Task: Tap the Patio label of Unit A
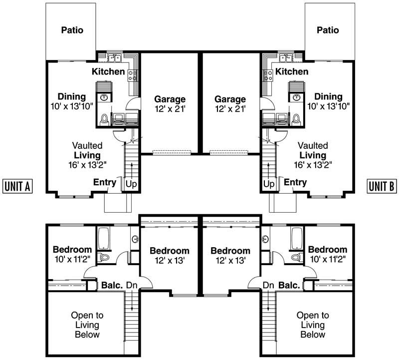click(72, 30)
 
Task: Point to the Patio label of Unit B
click(328, 30)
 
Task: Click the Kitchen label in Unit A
click(108, 72)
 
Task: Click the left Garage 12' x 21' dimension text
click(170, 108)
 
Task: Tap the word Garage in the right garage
click(230, 99)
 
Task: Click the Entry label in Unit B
click(295, 182)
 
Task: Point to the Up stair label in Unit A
click(131, 184)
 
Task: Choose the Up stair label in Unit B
click(269, 184)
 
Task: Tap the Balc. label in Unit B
click(289, 286)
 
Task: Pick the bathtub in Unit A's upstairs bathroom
click(105, 239)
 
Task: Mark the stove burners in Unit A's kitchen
click(133, 75)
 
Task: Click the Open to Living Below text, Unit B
click(313, 325)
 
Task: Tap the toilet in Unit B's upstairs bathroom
click(296, 257)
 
